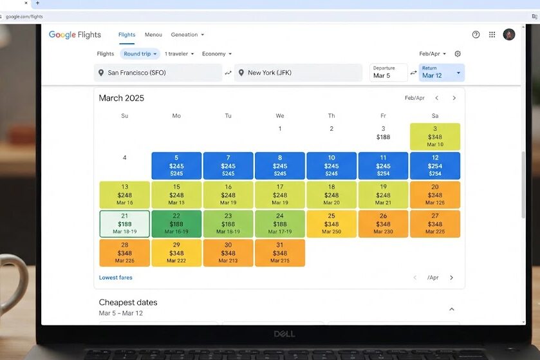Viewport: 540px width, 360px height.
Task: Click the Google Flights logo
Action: click(x=75, y=35)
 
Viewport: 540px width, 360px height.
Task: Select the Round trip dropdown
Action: click(x=140, y=53)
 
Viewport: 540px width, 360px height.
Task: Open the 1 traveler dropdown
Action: click(x=179, y=53)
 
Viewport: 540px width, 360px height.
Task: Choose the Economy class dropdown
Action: click(x=217, y=53)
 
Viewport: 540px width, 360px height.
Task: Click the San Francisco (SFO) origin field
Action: click(x=158, y=73)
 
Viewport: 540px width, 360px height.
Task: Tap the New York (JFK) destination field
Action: click(x=298, y=73)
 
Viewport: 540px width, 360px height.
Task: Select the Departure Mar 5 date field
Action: click(x=389, y=73)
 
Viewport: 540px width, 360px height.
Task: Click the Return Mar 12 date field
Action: click(x=442, y=73)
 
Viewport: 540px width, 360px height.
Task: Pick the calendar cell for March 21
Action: click(x=125, y=224)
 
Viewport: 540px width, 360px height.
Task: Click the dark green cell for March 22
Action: click(x=176, y=224)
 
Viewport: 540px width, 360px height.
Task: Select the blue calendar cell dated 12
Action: click(x=435, y=166)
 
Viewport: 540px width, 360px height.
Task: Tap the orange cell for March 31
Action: click(x=279, y=253)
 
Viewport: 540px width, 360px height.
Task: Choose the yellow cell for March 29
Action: click(x=176, y=253)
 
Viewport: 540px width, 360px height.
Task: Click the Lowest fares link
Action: click(x=116, y=278)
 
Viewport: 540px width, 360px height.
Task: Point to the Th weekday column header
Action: click(x=331, y=116)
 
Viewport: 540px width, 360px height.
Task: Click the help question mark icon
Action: click(x=476, y=34)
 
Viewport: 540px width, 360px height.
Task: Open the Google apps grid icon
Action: click(x=492, y=34)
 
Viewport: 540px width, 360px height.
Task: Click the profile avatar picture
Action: click(x=509, y=34)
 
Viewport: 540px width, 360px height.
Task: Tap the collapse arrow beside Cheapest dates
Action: click(x=452, y=309)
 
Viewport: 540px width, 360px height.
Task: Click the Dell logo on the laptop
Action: click(x=284, y=334)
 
